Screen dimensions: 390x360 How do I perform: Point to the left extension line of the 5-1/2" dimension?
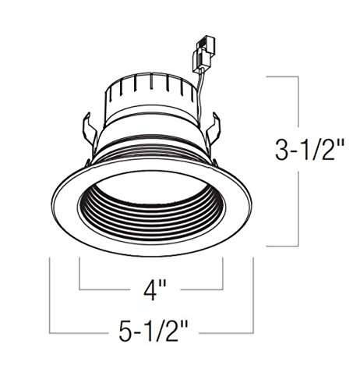[50, 296]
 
